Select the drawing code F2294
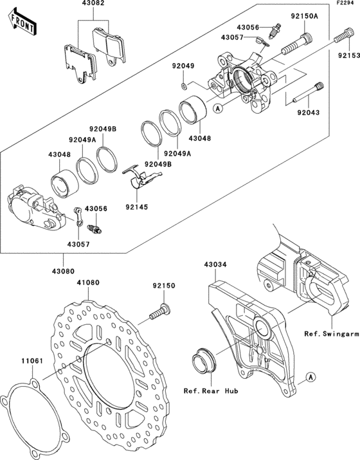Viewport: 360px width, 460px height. pos(345,5)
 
